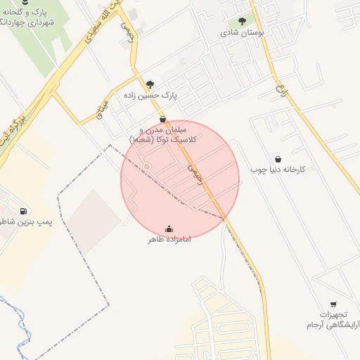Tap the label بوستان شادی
[x=242, y=32]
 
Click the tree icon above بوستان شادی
[x=243, y=21]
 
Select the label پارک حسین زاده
[x=150, y=95]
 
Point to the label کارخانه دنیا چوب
[x=278, y=169]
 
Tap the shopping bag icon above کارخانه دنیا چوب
[x=278, y=159]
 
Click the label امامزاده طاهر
[x=169, y=240]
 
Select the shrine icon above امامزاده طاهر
[x=169, y=229]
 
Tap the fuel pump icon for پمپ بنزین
[x=25, y=210]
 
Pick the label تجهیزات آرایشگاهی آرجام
[x=332, y=320]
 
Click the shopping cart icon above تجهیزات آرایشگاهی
[x=333, y=304]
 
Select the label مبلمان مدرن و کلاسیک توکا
[x=164, y=135]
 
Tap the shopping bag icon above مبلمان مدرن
[x=163, y=120]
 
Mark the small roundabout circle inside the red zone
[x=146, y=167]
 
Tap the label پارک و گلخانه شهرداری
[x=28, y=18]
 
